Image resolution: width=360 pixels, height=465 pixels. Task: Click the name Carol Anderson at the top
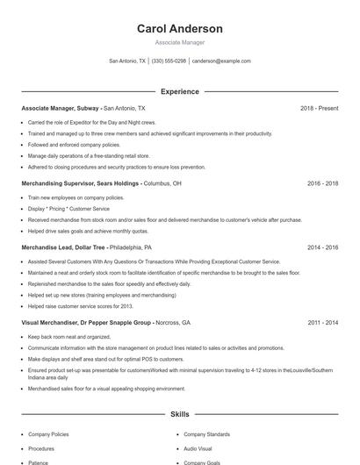179,29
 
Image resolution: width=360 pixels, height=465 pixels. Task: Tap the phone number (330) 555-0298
169,61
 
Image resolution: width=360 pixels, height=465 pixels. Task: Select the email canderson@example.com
221,61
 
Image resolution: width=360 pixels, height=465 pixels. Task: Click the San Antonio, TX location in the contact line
127,61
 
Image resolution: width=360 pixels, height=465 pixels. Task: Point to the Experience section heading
179,91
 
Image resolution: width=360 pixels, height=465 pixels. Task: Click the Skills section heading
179,413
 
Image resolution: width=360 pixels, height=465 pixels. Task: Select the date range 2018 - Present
319,108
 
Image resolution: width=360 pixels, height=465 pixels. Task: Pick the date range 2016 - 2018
322,184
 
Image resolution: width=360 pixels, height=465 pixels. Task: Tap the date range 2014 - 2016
322,247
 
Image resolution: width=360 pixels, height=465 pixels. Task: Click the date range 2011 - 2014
322,323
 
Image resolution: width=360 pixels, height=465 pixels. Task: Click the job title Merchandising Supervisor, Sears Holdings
80,184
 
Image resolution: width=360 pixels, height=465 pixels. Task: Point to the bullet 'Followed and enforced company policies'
75,145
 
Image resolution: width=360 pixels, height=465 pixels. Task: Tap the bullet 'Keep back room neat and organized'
69,337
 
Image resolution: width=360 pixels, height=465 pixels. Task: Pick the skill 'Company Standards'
207,434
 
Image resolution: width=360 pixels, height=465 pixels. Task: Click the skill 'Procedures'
41,448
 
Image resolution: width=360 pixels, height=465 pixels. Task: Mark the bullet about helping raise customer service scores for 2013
80,306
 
